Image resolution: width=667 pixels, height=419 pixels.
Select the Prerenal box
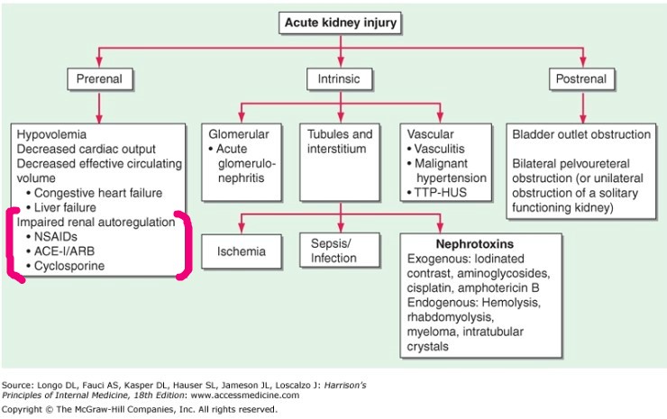[x=98, y=79]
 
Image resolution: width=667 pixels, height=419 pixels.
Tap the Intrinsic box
[x=339, y=79]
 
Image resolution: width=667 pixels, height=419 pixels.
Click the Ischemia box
[x=240, y=251]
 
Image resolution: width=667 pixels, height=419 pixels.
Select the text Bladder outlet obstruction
[x=581, y=134]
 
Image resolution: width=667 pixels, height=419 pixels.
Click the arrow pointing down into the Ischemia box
[x=240, y=225]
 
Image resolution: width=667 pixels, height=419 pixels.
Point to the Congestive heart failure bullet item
[x=100, y=192]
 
